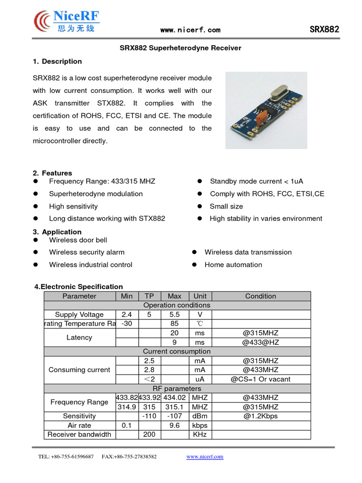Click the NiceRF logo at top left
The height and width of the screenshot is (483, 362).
coord(66,21)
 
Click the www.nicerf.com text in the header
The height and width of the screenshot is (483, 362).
coord(190,30)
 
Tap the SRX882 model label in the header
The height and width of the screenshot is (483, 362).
coord(324,29)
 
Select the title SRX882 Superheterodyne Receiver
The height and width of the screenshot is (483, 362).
coord(181,48)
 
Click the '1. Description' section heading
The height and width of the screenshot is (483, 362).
coord(57,61)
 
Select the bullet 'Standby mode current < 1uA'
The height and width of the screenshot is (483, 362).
coord(256,181)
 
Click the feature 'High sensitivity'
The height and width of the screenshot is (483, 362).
coord(73,206)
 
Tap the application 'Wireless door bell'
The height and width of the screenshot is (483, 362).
coord(78,240)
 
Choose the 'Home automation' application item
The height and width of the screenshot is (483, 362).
coord(233,265)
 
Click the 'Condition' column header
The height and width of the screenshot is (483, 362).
coord(260,296)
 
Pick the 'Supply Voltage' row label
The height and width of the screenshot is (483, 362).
coord(79,315)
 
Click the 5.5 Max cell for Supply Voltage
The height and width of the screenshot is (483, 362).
coord(174,315)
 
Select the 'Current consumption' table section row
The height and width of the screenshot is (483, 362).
coord(177,351)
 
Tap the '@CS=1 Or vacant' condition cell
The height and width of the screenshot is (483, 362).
coord(260,379)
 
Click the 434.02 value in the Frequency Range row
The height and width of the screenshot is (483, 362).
coord(174,398)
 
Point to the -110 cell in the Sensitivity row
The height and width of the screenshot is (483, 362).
coord(149,416)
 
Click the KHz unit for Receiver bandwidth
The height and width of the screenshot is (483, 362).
coord(200,434)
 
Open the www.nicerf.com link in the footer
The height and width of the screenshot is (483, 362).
coord(205,457)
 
